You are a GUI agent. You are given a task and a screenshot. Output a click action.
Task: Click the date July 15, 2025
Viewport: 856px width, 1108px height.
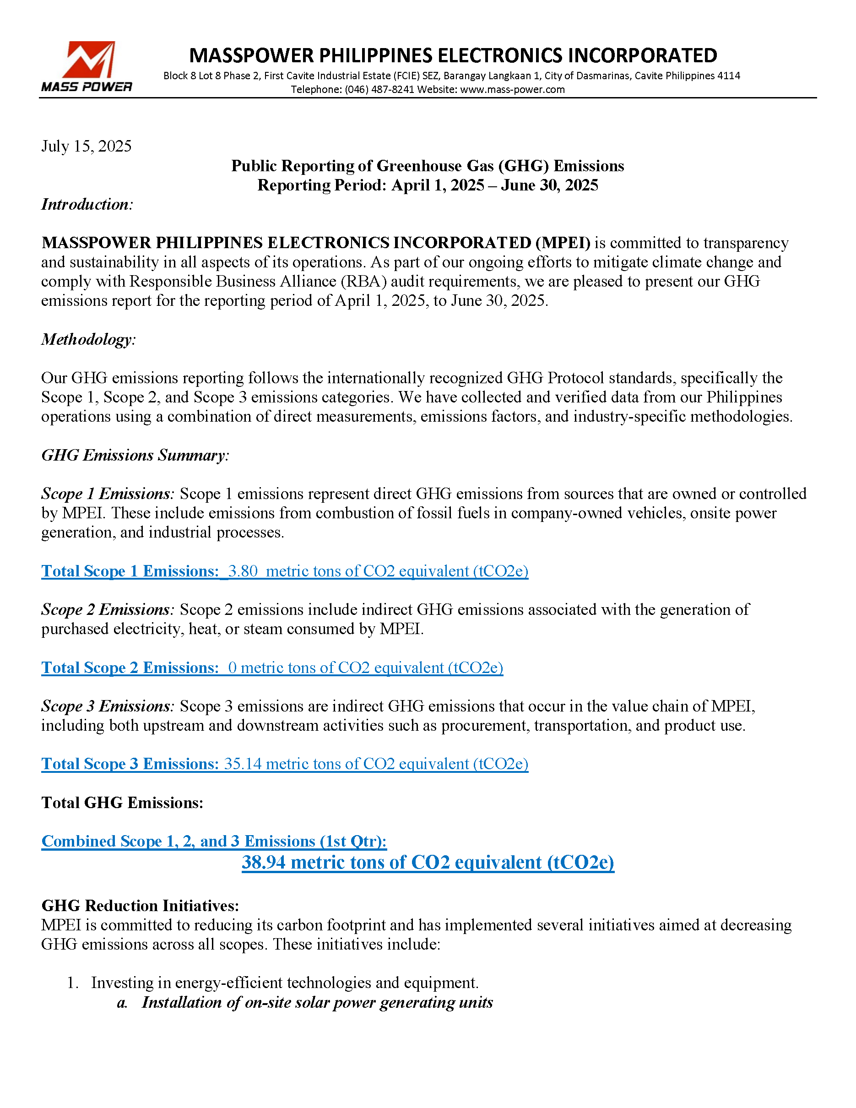point(86,146)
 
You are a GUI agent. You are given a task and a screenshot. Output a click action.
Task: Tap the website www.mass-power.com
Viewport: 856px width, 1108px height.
point(512,90)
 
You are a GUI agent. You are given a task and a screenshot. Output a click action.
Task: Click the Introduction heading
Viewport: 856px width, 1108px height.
point(87,205)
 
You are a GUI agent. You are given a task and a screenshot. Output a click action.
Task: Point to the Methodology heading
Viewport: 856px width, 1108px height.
point(89,339)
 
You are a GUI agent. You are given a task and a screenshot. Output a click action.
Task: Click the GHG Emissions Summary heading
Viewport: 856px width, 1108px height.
point(135,455)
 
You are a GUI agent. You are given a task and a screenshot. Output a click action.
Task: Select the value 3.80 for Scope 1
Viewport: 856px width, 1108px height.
point(243,571)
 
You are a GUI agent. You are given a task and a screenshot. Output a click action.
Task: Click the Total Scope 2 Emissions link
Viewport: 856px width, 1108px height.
point(130,668)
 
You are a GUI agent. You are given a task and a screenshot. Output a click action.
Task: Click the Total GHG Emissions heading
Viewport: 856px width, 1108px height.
point(122,803)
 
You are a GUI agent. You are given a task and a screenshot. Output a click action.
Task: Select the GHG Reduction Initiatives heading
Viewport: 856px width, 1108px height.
point(140,906)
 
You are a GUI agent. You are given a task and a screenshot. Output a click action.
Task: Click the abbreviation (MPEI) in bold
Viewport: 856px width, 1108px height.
point(563,243)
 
